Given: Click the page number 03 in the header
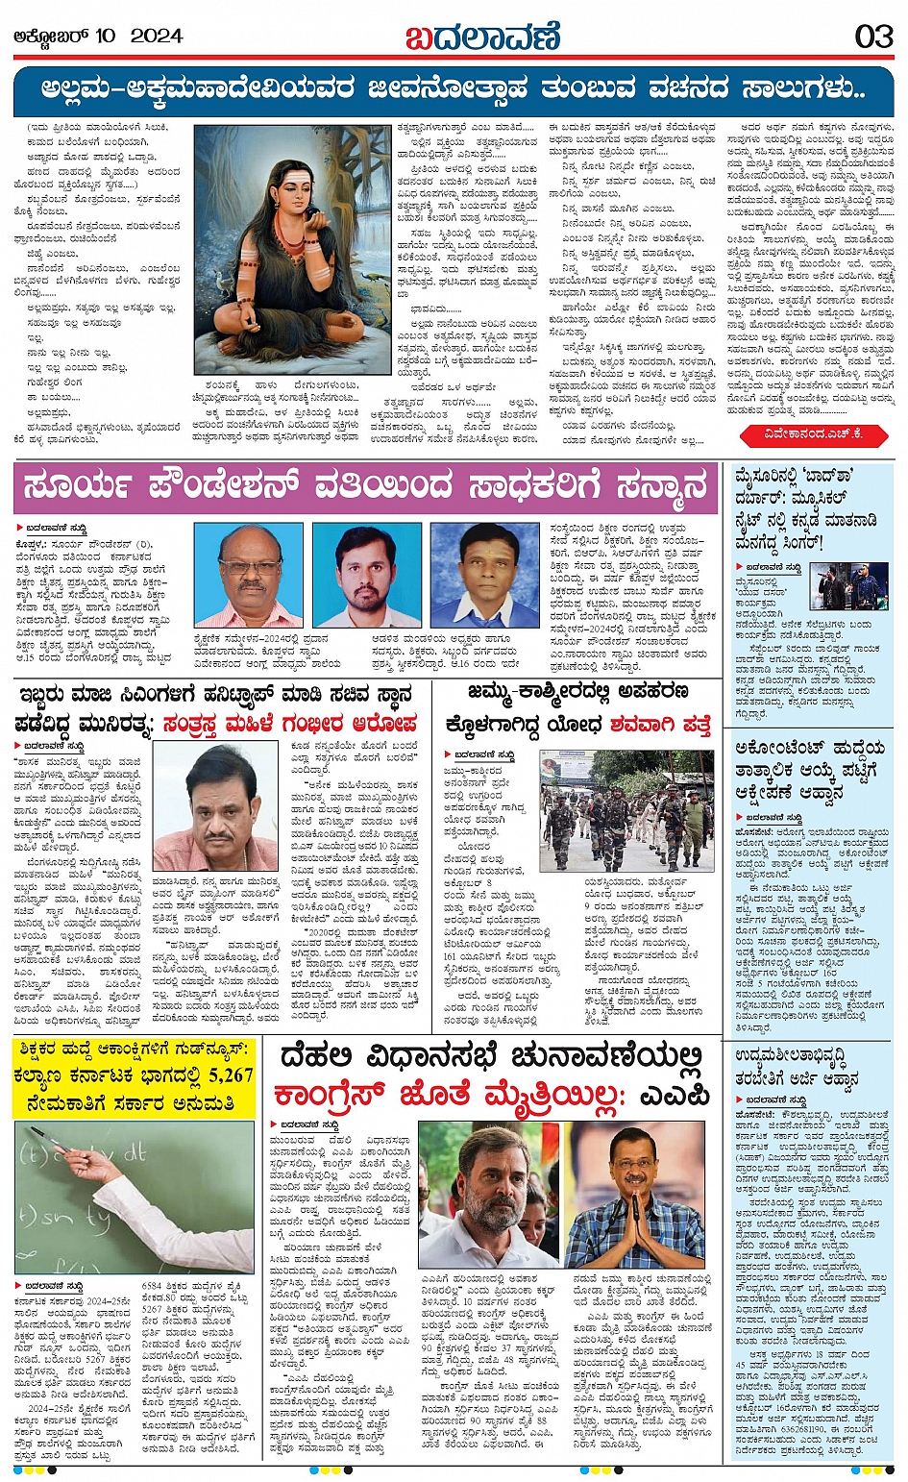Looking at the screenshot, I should (873, 37).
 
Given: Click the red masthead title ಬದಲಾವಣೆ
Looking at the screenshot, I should (481, 37).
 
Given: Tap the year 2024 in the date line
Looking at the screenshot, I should (156, 37).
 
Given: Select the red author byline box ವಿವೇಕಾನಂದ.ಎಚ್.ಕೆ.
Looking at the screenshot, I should (816, 434).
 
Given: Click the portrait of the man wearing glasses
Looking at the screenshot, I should (247, 576).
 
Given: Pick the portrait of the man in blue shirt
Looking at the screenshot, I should (484, 576).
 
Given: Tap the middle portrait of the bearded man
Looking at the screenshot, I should (366, 576).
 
